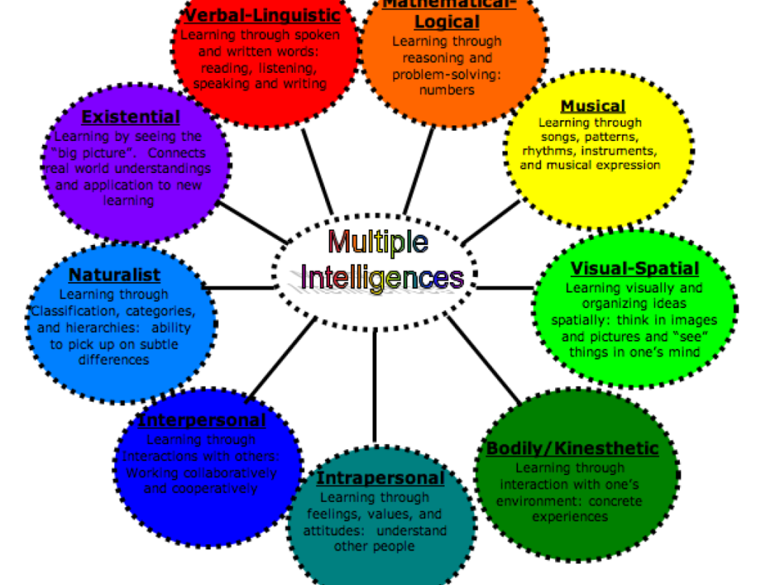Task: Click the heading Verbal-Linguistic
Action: click(x=262, y=14)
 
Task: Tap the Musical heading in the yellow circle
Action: click(x=593, y=106)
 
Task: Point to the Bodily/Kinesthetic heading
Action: click(x=572, y=448)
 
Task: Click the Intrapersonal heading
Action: click(x=380, y=479)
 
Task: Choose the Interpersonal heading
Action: click(x=201, y=421)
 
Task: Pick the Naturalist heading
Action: click(x=114, y=275)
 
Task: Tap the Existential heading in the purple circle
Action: click(x=131, y=118)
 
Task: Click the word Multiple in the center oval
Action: click(x=378, y=242)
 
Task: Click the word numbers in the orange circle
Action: click(x=447, y=90)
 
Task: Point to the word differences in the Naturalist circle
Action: click(x=114, y=359)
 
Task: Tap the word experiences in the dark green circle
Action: click(x=570, y=517)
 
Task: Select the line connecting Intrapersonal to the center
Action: click(x=375, y=383)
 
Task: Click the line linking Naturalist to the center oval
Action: click(x=237, y=287)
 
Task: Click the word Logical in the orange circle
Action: click(x=447, y=21)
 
